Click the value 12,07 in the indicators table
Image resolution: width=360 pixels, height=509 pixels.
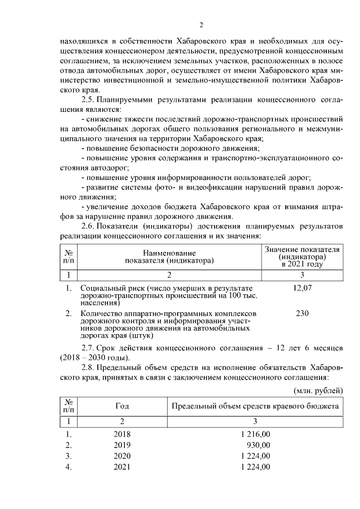[x=302, y=288]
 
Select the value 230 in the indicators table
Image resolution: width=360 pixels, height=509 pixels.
[x=302, y=313]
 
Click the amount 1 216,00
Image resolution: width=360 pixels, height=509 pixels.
[x=255, y=434]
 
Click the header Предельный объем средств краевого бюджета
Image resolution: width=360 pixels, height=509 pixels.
[x=255, y=406]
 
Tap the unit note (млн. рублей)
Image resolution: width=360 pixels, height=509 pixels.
[x=318, y=390]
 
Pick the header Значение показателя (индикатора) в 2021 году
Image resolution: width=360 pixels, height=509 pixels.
[x=302, y=256]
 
